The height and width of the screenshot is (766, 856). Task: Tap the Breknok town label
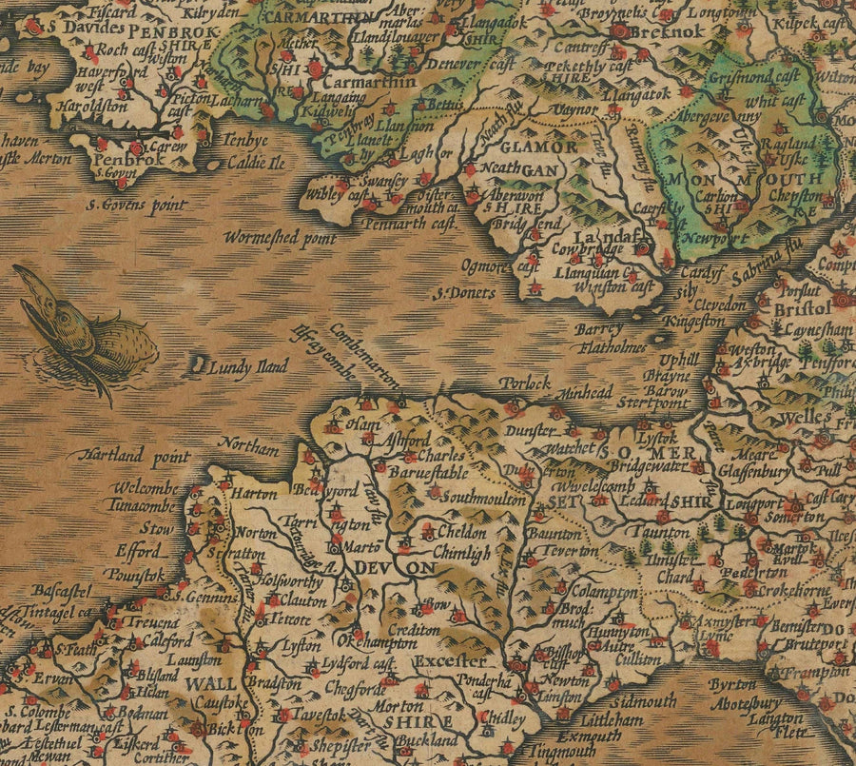[677, 29]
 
